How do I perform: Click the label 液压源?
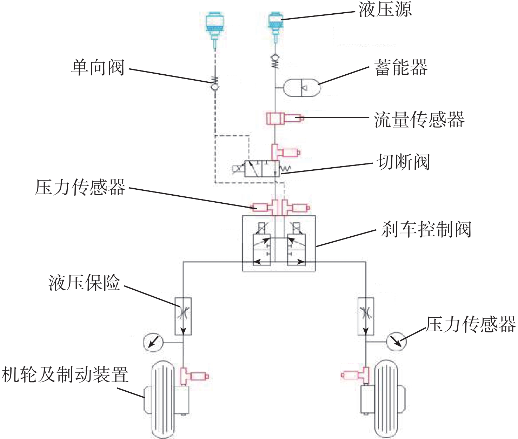(x=385, y=10)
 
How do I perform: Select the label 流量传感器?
(x=419, y=120)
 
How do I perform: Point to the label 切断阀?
(x=403, y=162)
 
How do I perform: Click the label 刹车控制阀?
(x=426, y=229)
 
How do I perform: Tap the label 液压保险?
(x=85, y=283)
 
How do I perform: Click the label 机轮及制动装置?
(x=65, y=374)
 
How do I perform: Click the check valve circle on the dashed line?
(x=215, y=87)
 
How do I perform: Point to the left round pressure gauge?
(x=153, y=342)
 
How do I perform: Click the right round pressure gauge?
(x=396, y=342)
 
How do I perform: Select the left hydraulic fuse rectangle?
(x=183, y=316)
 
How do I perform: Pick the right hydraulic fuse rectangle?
(x=366, y=316)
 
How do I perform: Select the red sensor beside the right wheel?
(x=356, y=375)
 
